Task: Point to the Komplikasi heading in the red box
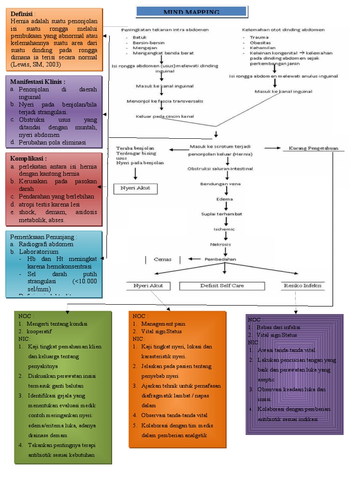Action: tap(28, 158)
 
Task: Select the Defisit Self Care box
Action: tap(222, 285)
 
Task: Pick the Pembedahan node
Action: tap(220, 259)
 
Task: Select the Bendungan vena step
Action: tap(220, 184)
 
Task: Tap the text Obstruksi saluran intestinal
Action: tap(220, 168)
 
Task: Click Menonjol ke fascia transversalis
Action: tap(165, 101)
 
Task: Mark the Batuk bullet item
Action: tap(139, 37)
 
